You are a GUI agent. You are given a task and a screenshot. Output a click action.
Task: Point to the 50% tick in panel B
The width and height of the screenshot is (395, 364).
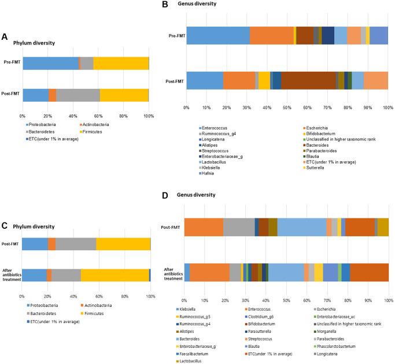point(287,107)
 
